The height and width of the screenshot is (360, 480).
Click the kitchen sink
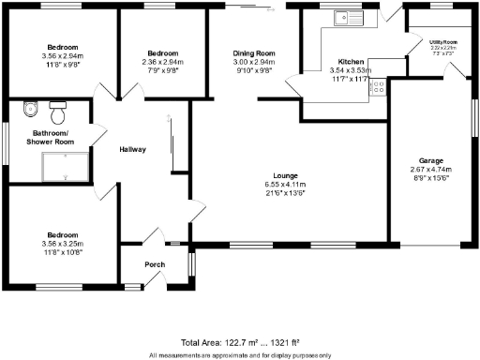pos(349,16)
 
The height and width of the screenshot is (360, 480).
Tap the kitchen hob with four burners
pos(379,87)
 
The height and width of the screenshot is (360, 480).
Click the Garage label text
pos(431,160)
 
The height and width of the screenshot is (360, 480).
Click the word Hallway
pos(132,150)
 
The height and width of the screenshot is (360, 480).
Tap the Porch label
pos(155,265)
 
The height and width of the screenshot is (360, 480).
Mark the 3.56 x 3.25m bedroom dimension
pos(62,245)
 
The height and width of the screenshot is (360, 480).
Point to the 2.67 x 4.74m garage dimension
pos(431,169)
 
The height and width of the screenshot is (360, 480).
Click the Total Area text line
pos(240,344)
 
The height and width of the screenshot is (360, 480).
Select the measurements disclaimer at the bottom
pos(240,355)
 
